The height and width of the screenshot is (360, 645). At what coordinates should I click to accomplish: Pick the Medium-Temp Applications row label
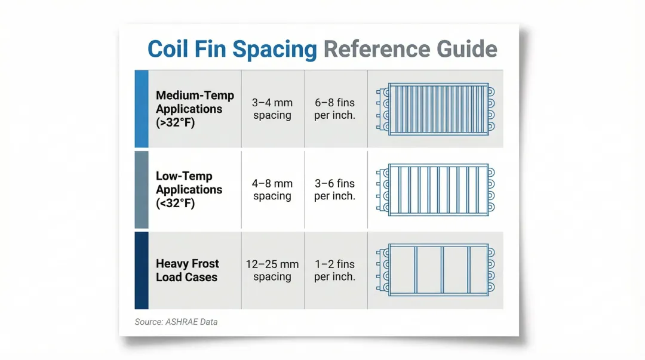(x=195, y=109)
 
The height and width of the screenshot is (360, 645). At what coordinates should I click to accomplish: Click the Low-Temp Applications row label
(x=189, y=190)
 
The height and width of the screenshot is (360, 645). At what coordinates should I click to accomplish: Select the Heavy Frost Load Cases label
(x=187, y=270)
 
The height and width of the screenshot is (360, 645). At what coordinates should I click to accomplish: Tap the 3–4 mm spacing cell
(x=272, y=109)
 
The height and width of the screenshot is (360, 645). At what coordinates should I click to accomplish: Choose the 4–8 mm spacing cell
(x=272, y=190)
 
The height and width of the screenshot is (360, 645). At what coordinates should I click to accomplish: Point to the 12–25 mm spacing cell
(x=272, y=270)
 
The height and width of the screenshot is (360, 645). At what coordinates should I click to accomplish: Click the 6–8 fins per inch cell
(x=335, y=109)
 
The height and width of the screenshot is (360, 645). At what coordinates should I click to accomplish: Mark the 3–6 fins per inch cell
(x=335, y=190)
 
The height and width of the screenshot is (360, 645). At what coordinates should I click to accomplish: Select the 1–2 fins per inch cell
(x=335, y=270)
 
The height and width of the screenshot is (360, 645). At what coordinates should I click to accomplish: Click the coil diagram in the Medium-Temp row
(x=435, y=109)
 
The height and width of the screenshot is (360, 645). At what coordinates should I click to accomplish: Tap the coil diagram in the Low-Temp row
(x=435, y=190)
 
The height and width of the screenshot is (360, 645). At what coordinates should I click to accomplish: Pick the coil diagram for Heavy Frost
(x=435, y=270)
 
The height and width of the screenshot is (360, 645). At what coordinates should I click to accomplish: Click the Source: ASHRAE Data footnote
(x=176, y=322)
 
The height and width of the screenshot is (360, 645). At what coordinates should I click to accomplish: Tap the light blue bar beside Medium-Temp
(x=142, y=109)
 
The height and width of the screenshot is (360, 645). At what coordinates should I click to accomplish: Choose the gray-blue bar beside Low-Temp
(x=142, y=190)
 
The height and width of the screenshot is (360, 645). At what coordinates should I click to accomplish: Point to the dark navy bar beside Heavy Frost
(x=142, y=270)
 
